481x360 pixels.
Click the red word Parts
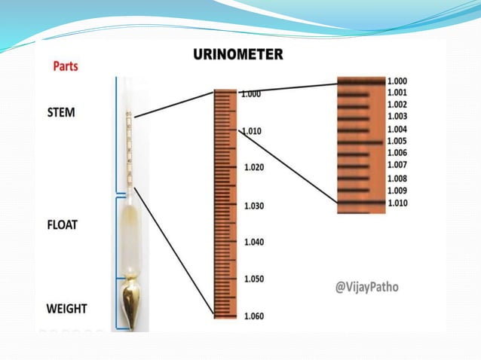65,66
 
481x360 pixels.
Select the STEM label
61,112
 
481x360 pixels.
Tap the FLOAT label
63,224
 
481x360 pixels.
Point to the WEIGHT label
66,308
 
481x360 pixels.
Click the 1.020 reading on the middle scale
254,167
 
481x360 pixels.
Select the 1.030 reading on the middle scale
254,206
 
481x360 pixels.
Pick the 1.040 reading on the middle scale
254,242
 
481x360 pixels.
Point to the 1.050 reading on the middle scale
254,279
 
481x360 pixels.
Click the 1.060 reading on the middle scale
254,316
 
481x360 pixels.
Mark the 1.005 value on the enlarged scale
397,141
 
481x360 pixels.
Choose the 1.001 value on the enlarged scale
397,93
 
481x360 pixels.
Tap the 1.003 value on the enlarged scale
397,116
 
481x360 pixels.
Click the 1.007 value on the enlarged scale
397,165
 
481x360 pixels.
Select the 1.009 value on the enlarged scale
397,191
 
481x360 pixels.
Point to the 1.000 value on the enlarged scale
397,81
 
